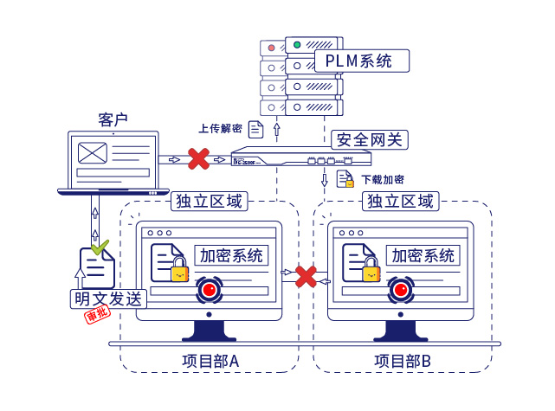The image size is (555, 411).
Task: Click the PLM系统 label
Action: point(359,61)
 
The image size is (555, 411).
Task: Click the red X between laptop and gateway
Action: point(199,158)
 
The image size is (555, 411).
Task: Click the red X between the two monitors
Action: point(306,276)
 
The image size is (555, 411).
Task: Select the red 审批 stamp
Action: point(94,318)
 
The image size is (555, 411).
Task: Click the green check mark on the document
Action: point(100,247)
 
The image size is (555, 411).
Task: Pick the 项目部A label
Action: point(210,361)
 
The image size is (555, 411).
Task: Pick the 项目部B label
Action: point(403,361)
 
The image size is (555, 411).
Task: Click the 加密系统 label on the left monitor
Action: point(230,256)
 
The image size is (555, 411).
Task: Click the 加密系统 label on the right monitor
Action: point(423,256)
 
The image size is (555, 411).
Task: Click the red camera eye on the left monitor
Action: point(210,289)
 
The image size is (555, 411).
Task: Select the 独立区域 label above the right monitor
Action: point(400,202)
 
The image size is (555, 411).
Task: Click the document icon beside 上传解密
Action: point(256,130)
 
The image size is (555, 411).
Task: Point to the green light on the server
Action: point(297,45)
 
